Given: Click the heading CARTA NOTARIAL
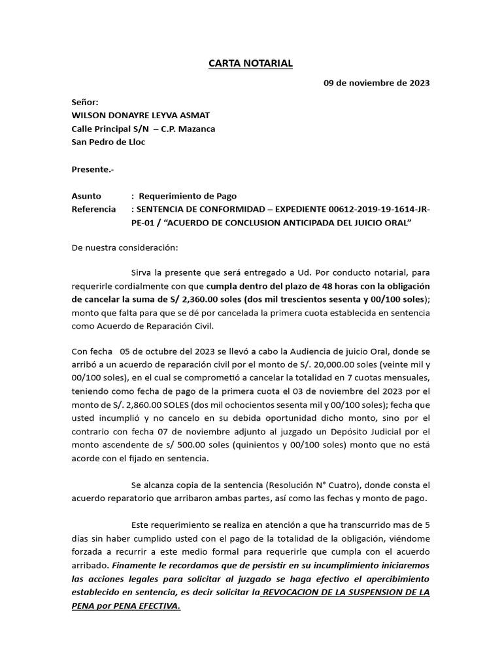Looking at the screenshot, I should pyautogui.click(x=250, y=63).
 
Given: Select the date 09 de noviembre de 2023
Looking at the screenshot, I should pyautogui.click(x=377, y=83).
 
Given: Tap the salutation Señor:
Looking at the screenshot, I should pyautogui.click(x=85, y=103).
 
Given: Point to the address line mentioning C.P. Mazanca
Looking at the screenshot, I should pyautogui.click(x=143, y=129).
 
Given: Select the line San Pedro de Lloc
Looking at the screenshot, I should pyautogui.click(x=109, y=142).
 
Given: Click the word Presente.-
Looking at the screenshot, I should pyautogui.click(x=92, y=169).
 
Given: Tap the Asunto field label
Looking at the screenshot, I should pyautogui.click(x=86, y=196).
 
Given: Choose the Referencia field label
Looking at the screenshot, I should pyautogui.click(x=93, y=210).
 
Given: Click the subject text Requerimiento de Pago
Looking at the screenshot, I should pyautogui.click(x=188, y=196).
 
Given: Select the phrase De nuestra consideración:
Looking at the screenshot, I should pyautogui.click(x=124, y=248).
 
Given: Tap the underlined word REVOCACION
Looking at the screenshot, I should pyautogui.click(x=296, y=592).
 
